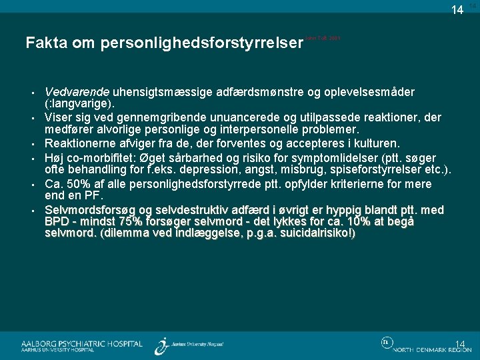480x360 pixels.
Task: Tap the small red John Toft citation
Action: [323, 39]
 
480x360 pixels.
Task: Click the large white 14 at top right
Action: [457, 10]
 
